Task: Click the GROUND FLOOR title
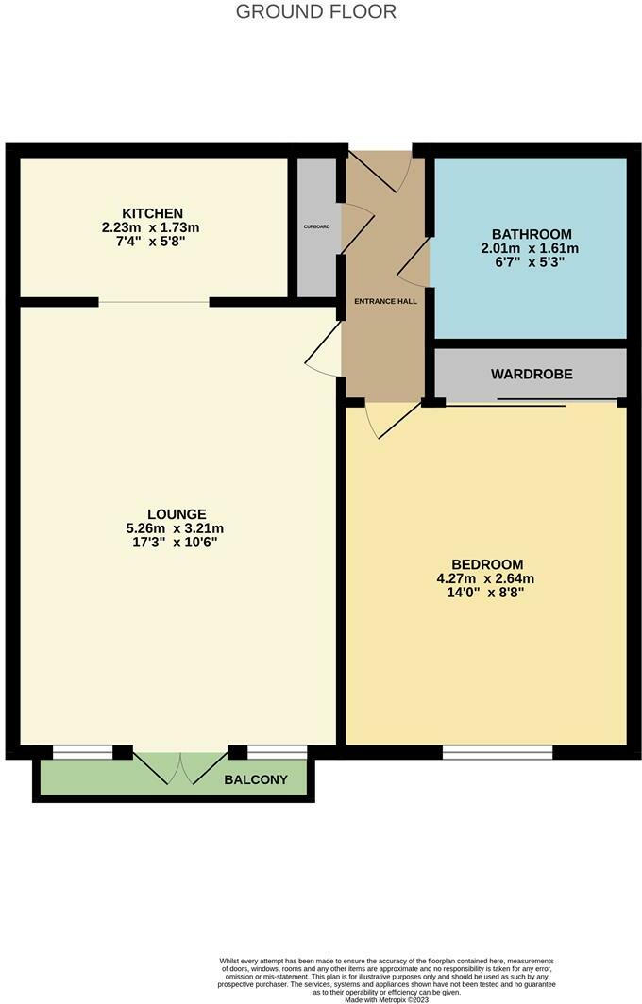[315, 12]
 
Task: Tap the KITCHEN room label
[152, 213]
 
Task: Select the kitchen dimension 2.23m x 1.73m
[152, 227]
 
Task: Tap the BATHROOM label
[532, 234]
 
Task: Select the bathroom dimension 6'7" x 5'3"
[532, 263]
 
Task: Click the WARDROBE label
[532, 374]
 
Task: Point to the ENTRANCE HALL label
[385, 301]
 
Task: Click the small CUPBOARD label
[316, 226]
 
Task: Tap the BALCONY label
[256, 779]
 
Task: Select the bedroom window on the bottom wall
[498, 751]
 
